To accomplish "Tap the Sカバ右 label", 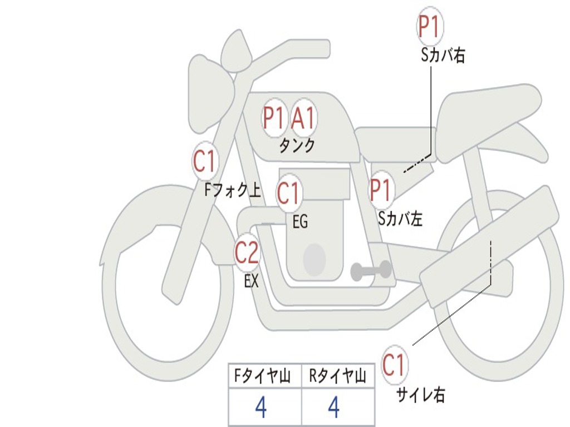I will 443,56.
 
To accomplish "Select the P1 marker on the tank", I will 274,118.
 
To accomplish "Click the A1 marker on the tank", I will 303,118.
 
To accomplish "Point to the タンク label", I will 297,146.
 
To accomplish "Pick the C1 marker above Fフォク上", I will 204,162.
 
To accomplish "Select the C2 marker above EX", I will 247,254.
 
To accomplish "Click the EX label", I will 252,281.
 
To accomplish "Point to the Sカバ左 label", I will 400,219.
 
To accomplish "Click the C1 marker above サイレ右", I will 394,365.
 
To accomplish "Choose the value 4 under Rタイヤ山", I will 334,408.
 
